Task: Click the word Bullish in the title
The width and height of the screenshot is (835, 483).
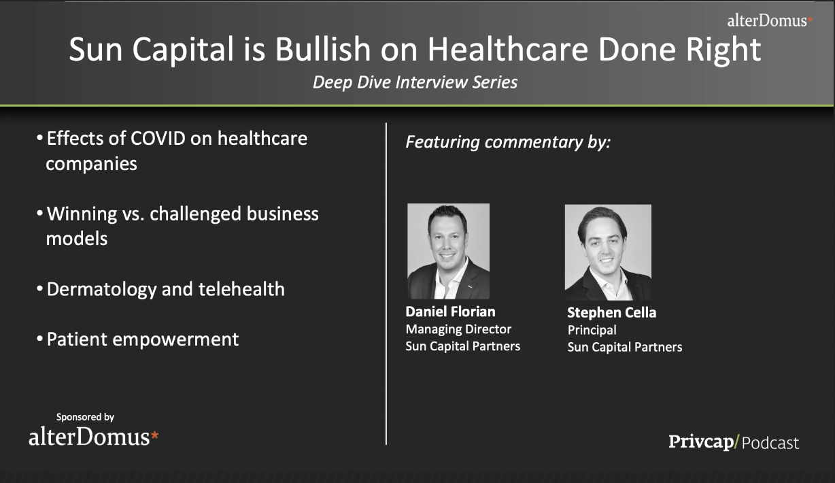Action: [323, 49]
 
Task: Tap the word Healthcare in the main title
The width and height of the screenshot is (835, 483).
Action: [508, 49]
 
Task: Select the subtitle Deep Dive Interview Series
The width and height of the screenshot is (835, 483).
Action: [415, 82]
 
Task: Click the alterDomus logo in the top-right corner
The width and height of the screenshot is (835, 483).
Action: [770, 20]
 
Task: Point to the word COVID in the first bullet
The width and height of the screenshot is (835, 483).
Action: [158, 138]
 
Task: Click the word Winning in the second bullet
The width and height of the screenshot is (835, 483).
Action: [82, 214]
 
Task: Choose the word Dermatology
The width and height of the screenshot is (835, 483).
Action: [102, 290]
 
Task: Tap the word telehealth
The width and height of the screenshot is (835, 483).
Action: [241, 289]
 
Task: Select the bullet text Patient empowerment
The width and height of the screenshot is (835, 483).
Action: [142, 339]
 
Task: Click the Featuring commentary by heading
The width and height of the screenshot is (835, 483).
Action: [508, 142]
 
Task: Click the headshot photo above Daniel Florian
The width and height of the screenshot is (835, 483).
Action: [448, 251]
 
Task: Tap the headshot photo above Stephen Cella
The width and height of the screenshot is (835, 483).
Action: [608, 252]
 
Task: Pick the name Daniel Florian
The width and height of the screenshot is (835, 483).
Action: [450, 312]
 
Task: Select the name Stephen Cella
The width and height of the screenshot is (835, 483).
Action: [612, 312]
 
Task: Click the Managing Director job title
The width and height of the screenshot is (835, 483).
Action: [458, 329]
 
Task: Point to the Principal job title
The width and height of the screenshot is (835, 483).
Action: [592, 330]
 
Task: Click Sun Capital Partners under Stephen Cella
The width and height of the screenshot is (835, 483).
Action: [625, 347]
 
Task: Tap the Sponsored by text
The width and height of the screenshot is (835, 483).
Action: [85, 417]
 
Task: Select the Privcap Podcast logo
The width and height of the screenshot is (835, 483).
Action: [734, 442]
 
